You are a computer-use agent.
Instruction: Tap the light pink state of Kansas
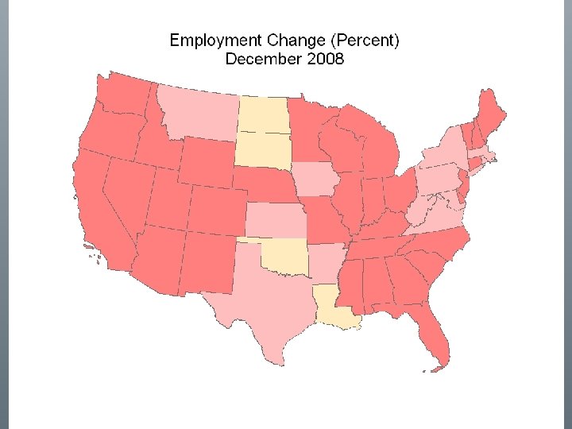275,220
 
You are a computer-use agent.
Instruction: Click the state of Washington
123,95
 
